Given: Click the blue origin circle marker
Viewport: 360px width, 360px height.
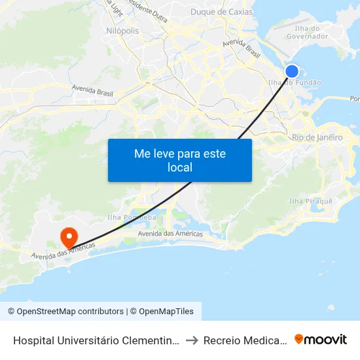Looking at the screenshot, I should pos(292,71).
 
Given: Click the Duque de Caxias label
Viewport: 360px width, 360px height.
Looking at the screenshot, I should pos(221,12).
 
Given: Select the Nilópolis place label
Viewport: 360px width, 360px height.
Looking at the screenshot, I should pos(122,31).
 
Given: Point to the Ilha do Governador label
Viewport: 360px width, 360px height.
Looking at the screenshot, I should pos(307,32).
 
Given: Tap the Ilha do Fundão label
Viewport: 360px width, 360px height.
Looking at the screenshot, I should pos(295,83).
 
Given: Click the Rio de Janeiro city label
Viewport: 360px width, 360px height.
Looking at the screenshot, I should pos(317,137).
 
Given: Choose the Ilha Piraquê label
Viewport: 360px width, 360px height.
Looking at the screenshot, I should pos(311,200).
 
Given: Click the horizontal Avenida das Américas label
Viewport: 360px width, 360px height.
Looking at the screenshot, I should pos(170,234).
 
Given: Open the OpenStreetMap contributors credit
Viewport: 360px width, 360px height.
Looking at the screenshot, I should pos(67,312).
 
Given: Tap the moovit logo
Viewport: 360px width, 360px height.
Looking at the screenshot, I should pos(320,339).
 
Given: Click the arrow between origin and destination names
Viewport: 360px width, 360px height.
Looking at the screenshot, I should pos(190,340).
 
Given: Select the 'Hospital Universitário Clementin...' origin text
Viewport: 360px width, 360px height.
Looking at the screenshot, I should pos(95,340).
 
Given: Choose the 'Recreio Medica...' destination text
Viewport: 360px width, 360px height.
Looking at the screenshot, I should pos(245,340).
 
